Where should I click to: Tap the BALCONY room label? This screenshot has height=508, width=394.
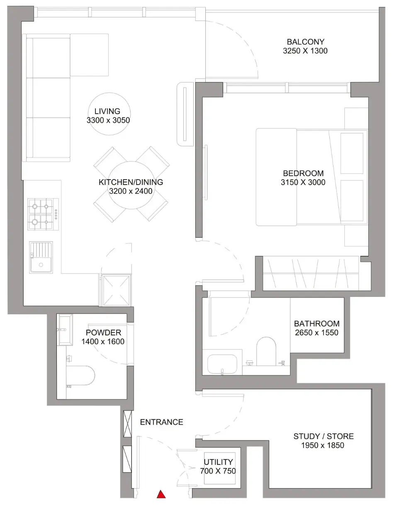coord(305,42)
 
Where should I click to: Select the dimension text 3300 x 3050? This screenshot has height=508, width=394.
coord(108,120)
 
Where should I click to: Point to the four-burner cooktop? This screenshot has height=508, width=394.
coord(43,214)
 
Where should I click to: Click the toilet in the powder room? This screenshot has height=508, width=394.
coord(80,375)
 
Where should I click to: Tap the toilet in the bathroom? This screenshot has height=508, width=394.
coord(266,351)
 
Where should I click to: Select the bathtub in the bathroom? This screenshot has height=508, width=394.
coord(222,364)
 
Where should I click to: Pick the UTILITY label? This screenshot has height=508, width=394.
coord(218,462)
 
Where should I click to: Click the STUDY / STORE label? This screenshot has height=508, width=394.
coord(323,436)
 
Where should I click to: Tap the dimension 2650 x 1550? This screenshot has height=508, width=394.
coord(316,333)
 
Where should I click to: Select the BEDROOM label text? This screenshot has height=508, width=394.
coord(303,173)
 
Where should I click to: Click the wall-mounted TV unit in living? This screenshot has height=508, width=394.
coord(185,114)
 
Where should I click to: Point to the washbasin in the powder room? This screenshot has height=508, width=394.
coord(65,330)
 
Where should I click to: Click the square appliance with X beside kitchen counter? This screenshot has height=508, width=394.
coord(116,291)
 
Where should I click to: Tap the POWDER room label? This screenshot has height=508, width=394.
coord(103,333)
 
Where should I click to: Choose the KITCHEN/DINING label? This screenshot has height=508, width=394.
coord(131,182)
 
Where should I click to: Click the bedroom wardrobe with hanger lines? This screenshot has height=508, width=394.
coord(311,273)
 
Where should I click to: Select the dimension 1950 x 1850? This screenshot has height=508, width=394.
coord(323,445)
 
